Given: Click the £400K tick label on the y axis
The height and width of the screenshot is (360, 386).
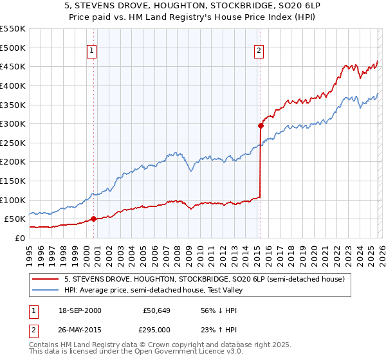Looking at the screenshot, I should click(12, 85).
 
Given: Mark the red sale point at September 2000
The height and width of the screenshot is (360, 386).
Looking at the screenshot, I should click(94, 219).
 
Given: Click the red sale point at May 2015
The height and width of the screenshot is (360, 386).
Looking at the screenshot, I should click(261, 126).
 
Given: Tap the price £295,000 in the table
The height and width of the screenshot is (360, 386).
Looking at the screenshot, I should click(157, 328).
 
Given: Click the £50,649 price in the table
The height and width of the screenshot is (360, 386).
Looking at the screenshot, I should click(157, 310).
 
